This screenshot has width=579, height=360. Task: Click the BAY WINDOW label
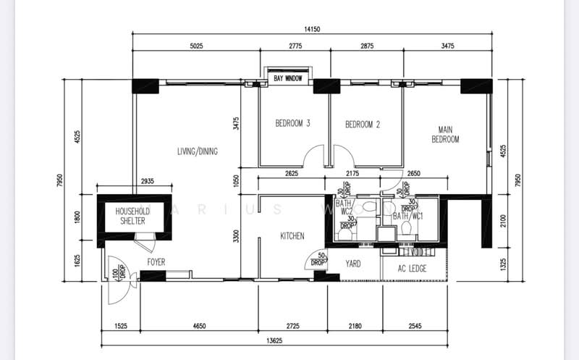coord(287,78)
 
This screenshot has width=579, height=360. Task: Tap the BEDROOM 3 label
coord(292,124)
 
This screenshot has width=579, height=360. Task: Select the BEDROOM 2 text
coord(362,124)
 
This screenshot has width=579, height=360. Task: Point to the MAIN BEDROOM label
coord(445,134)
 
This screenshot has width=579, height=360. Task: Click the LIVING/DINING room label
coord(198,151)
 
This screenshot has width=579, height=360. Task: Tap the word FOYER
coord(156,262)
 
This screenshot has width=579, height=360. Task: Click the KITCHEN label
coord(292,236)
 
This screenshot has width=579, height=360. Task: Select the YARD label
coord(353,264)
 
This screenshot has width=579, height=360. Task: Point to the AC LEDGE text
coord(412,269)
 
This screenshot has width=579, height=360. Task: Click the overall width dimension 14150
coord(312,30)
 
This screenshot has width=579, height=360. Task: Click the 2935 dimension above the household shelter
coord(147,180)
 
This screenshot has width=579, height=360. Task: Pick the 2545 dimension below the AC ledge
coord(414,327)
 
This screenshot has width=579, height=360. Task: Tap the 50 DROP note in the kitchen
coord(317,258)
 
